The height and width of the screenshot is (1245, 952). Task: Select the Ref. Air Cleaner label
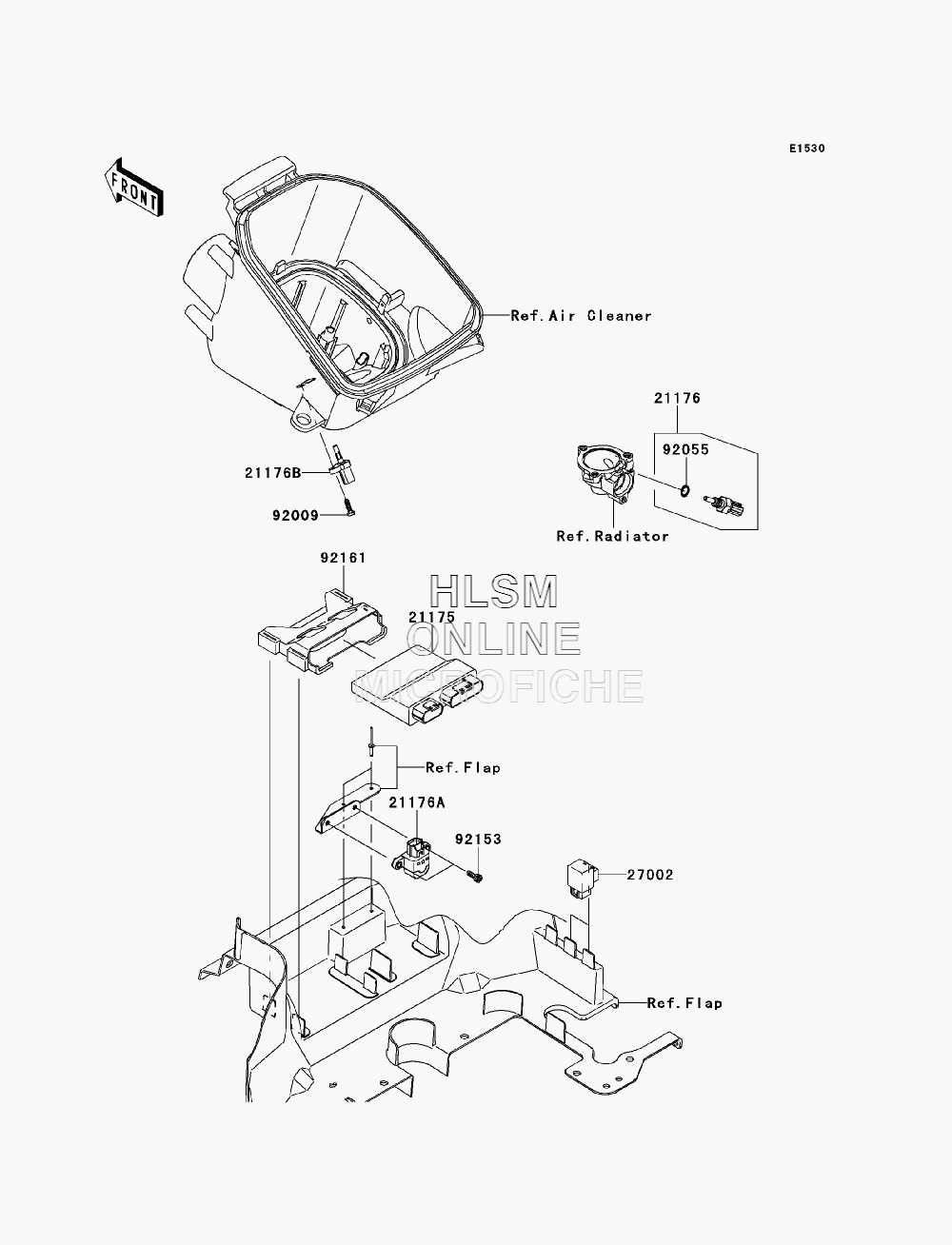[581, 316]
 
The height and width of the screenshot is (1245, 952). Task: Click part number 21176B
[272, 472]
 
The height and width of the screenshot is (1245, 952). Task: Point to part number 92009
[295, 516]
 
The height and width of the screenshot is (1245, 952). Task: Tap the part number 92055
[686, 450]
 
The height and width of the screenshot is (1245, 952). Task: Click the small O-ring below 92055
[685, 489]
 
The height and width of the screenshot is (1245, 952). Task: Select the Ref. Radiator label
[613, 536]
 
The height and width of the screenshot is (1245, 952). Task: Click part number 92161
[344, 558]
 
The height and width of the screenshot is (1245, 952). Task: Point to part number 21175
[432, 617]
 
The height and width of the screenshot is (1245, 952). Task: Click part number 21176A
[417, 802]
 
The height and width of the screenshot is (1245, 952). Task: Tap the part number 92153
[478, 839]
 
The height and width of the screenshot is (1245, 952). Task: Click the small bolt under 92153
[476, 878]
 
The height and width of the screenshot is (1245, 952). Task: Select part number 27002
[650, 875]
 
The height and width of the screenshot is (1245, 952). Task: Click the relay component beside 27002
[583, 879]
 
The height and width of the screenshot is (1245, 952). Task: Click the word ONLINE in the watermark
[494, 639]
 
